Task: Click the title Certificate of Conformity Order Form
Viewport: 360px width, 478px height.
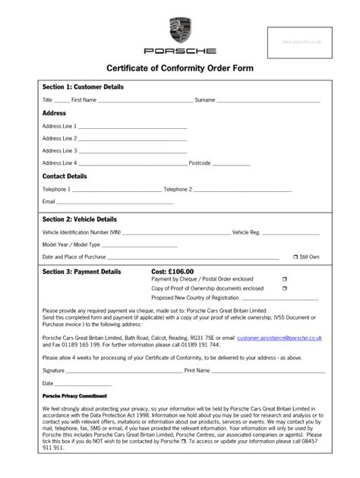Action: click(x=180, y=68)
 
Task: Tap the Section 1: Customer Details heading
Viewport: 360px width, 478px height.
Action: click(x=83, y=87)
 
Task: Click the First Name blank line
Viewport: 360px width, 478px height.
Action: click(x=146, y=100)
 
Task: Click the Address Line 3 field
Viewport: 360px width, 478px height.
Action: click(x=133, y=151)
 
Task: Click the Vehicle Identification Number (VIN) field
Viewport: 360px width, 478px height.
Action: click(x=176, y=232)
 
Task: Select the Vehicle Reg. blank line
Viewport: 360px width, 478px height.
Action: click(x=292, y=232)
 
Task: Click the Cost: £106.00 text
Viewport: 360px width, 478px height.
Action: click(x=172, y=271)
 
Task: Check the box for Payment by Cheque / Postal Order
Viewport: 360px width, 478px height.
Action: click(x=284, y=279)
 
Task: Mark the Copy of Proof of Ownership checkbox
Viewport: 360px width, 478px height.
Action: click(x=284, y=288)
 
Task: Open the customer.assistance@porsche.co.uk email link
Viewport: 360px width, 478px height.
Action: click(x=279, y=338)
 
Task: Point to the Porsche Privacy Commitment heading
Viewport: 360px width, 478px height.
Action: click(x=74, y=396)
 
